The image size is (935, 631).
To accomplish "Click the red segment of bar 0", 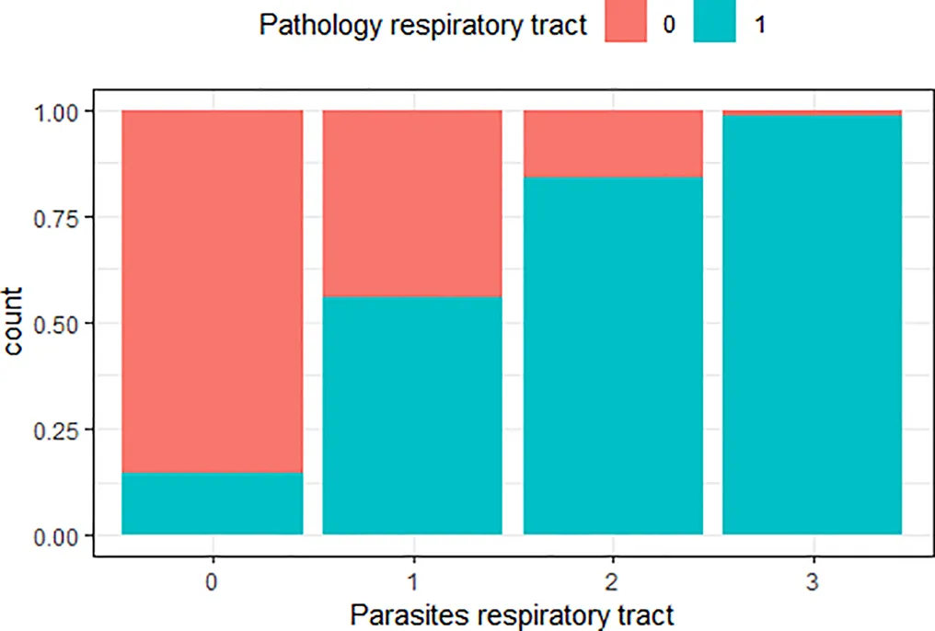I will click(213, 291).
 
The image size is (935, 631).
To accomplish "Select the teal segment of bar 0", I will click(213, 503).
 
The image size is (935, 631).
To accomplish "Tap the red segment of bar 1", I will click(411, 203).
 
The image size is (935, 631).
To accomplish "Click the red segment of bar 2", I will click(613, 143).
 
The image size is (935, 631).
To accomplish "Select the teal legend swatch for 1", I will click(714, 26).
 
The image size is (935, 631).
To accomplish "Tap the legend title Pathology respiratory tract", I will click(423, 26).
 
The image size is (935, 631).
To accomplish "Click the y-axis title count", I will click(17, 323).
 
